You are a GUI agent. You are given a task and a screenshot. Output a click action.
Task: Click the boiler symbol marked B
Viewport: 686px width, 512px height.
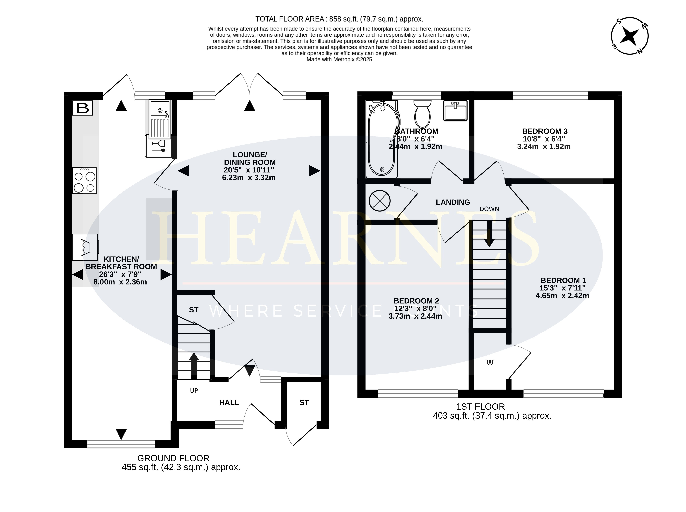(82, 108)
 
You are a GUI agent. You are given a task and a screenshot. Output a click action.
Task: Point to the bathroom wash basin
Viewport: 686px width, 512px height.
(455, 110)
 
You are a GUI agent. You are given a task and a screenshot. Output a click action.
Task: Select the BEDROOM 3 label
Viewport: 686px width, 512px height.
(545, 131)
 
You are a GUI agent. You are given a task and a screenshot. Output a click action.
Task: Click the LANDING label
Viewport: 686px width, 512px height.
(453, 202)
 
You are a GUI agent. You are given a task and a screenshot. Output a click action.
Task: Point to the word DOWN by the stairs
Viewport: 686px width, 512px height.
(489, 209)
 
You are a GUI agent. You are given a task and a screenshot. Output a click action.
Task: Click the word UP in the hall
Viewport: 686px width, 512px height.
(194, 391)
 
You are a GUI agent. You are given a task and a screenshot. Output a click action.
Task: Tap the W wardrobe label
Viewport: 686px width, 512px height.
(490, 363)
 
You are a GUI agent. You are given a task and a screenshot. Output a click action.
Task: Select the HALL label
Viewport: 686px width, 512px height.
(229, 403)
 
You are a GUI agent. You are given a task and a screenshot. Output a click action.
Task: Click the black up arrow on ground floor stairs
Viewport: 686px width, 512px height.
(194, 366)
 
